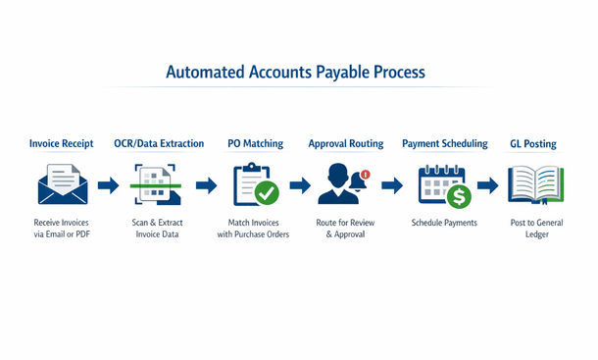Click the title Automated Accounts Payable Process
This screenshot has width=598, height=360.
pyautogui.click(x=295, y=73)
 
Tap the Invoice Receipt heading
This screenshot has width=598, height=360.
pyautogui.click(x=62, y=143)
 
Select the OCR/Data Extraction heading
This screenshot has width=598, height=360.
pyautogui.click(x=159, y=143)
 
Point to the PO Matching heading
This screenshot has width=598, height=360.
pyautogui.click(x=255, y=143)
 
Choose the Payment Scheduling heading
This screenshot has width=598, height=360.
pyautogui.click(x=444, y=143)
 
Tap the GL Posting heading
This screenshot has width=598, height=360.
pyautogui.click(x=532, y=143)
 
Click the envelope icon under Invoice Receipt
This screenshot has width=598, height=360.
pyautogui.click(x=62, y=184)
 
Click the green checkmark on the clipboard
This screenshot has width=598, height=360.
pyautogui.click(x=266, y=194)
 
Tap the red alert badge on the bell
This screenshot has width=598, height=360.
pyautogui.click(x=365, y=175)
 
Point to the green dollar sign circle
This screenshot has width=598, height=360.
pyautogui.click(x=458, y=196)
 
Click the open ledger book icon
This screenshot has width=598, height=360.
pyautogui.click(x=535, y=184)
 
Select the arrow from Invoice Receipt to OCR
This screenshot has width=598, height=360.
pyautogui.click(x=108, y=185)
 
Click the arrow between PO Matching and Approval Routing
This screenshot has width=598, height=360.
pyautogui.click(x=300, y=185)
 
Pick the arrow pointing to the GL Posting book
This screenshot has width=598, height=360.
pyautogui.click(x=486, y=185)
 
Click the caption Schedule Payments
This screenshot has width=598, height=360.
pyautogui.click(x=444, y=223)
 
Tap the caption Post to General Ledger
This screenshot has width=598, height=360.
pyautogui.click(x=535, y=229)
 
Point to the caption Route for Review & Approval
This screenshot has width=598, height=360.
pyautogui.click(x=344, y=229)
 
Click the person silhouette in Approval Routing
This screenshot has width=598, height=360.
pyautogui.click(x=338, y=184)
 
